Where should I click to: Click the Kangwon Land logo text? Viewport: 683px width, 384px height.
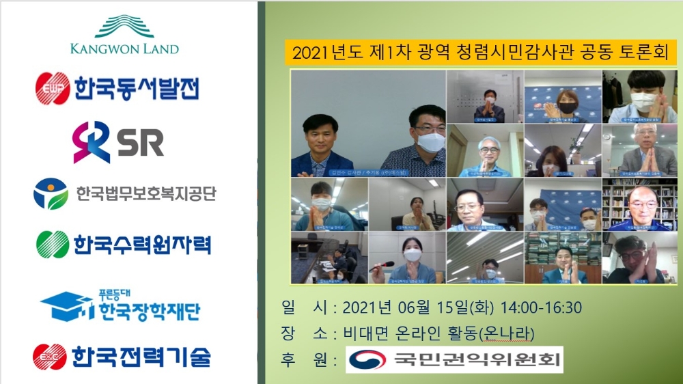click(124, 49)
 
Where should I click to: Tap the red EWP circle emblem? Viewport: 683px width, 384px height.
click(53, 88)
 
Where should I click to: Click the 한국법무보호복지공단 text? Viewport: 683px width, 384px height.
click(146, 194)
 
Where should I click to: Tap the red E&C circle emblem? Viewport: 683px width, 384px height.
click(50, 357)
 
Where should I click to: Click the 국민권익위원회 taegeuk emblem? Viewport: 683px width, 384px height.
click(370, 359)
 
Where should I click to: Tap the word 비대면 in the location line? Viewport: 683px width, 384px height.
click(367, 333)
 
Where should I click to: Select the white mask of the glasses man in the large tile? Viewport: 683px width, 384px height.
click(430, 141)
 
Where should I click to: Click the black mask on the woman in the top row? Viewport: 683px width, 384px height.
click(568, 107)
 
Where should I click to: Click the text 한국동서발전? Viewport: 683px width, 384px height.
click(137, 88)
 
